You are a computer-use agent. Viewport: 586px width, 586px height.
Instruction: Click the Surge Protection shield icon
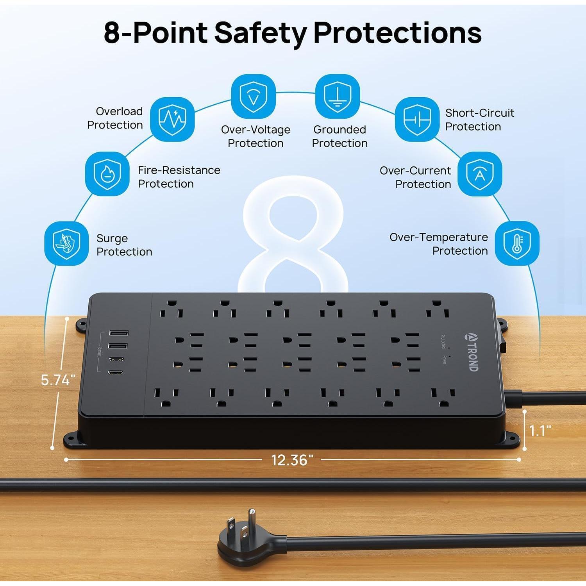coord(66,244)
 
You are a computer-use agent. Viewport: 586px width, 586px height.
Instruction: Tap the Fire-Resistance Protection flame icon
coord(107,174)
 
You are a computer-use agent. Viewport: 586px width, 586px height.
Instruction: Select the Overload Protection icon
coord(172,119)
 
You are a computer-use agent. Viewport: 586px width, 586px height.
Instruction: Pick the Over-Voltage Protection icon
coord(253,96)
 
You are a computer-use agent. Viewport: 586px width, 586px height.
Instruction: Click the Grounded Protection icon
coord(337,96)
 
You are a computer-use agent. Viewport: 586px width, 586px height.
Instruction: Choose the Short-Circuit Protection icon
coord(417,119)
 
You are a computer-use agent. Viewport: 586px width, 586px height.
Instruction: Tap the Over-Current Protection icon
coord(479,174)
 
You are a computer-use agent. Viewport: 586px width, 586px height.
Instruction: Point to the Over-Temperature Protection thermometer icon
coord(517,243)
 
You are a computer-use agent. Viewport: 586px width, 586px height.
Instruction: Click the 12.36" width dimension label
coord(292,460)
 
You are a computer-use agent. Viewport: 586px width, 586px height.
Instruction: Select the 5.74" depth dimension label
coord(58,380)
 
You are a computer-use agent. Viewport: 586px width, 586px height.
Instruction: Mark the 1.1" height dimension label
coord(540,431)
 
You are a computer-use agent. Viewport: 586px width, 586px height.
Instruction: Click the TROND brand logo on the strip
coord(472,352)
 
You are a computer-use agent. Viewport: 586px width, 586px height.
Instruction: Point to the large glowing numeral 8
coord(293,234)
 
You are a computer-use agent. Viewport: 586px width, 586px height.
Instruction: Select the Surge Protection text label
coord(124,245)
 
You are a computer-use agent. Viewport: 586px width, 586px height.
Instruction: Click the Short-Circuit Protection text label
coord(479,120)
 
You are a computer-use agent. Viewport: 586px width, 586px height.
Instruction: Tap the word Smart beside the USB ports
coord(99,354)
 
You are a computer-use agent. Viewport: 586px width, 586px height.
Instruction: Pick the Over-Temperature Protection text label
coord(439,244)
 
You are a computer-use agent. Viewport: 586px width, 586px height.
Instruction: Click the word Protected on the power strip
coord(443,341)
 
